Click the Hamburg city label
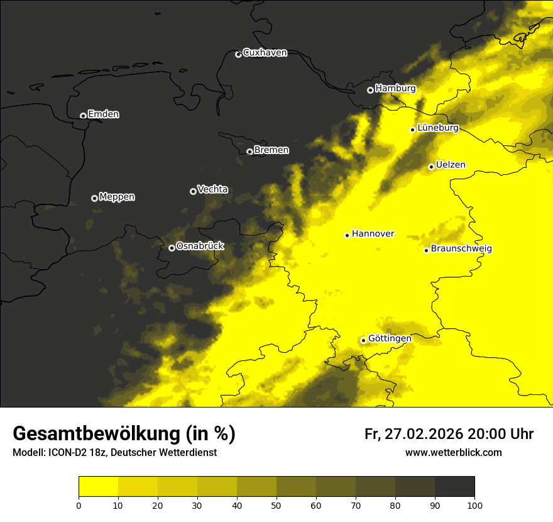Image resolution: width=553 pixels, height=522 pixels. pyautogui.click(x=395, y=89)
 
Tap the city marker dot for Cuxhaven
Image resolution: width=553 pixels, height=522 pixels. pyautogui.click(x=238, y=54)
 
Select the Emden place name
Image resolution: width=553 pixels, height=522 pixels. pyautogui.click(x=103, y=114)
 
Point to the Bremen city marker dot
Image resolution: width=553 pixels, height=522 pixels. pyautogui.click(x=249, y=152)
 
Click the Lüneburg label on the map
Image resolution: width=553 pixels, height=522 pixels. pyautogui.click(x=438, y=128)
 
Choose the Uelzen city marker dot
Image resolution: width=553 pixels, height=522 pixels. pyautogui.click(x=431, y=167)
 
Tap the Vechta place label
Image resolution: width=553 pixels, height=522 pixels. pyautogui.click(x=212, y=189)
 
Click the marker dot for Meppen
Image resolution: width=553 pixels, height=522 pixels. pyautogui.click(x=94, y=198)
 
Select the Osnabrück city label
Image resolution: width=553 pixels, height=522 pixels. pyautogui.click(x=200, y=247)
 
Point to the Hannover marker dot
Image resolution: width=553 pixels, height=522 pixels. pyautogui.click(x=347, y=235)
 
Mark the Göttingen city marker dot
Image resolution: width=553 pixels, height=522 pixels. pyautogui.click(x=363, y=340)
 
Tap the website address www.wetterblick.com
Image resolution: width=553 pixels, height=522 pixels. pyautogui.click(x=453, y=453)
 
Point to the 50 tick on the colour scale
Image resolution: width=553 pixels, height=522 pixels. pyautogui.click(x=276, y=504)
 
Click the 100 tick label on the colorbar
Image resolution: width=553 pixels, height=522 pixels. pyautogui.click(x=474, y=504)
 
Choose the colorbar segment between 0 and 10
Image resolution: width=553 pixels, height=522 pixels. pyautogui.click(x=98, y=487)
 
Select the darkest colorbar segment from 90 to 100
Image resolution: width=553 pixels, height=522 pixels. pyautogui.click(x=454, y=487)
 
